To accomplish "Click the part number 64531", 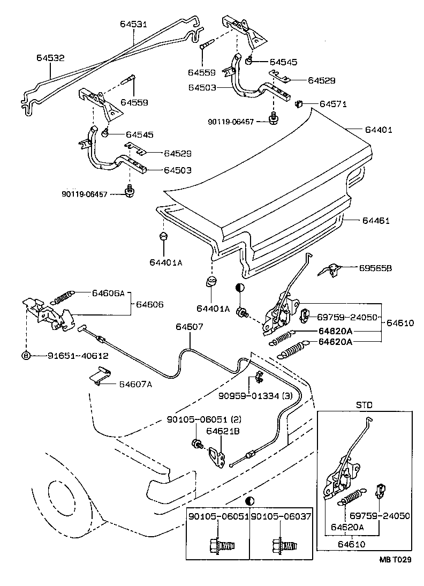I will point(134,25).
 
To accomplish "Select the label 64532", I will point(51,57).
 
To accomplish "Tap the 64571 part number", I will point(334,103).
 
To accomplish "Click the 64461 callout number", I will point(376,221).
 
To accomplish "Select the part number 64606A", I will point(108,293).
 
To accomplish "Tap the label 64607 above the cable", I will point(189,327).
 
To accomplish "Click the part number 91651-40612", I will point(78,355).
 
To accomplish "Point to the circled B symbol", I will point(25,355).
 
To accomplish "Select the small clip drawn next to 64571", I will point(300,103).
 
